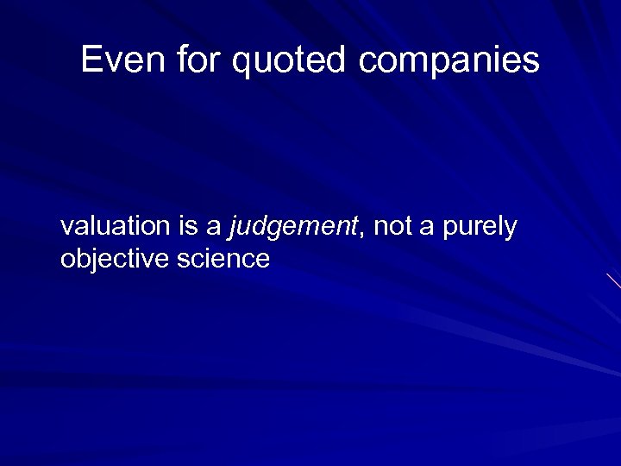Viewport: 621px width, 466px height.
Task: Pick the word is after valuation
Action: click(x=188, y=227)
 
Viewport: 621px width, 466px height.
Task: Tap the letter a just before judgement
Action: click(x=213, y=228)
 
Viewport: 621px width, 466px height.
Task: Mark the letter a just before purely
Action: click(x=427, y=228)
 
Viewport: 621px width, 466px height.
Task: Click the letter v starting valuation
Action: click(x=66, y=228)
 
